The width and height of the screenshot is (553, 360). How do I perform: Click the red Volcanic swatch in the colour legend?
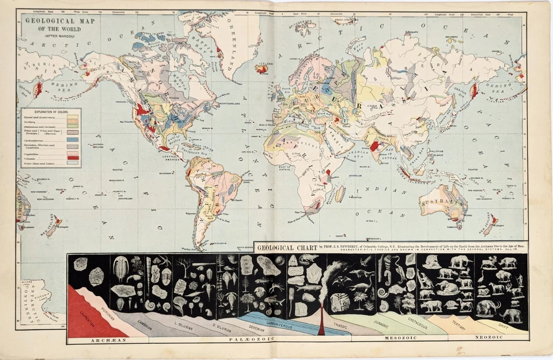click(x=73, y=157)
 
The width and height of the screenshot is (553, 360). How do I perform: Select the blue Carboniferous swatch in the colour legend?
click(x=73, y=139)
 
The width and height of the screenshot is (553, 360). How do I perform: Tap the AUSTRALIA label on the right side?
click(x=443, y=203)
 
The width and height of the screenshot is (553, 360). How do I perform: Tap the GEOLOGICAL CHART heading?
click(x=285, y=247)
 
